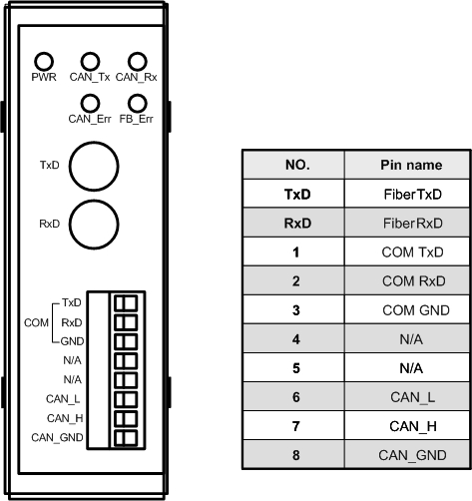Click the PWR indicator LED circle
[x=44, y=62]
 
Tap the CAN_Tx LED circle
[x=90, y=62]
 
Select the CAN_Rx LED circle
[x=137, y=62]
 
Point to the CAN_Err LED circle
[x=90, y=104]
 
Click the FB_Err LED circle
[x=137, y=104]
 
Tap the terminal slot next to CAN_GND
[x=126, y=438]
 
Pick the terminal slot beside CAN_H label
[x=126, y=418]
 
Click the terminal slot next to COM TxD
[x=126, y=303]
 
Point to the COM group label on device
[x=36, y=322]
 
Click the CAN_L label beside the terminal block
[x=63, y=399]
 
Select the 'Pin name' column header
[x=411, y=165]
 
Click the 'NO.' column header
[x=297, y=165]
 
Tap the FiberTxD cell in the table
[x=412, y=195]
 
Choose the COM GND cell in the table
[x=416, y=310]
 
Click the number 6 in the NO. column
[x=296, y=397]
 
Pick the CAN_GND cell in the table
[x=412, y=455]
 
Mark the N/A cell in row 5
[x=411, y=368]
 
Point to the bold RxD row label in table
[x=297, y=224]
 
